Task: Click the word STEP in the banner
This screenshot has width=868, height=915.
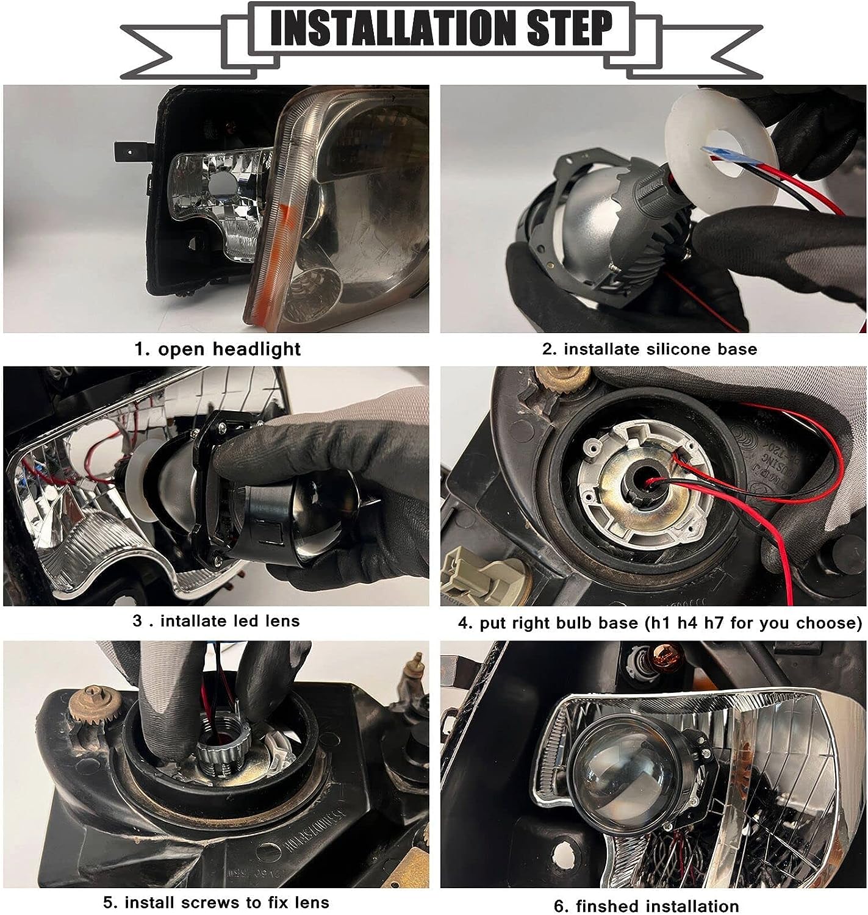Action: [x=569, y=29]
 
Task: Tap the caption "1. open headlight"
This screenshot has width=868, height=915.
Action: [x=217, y=349]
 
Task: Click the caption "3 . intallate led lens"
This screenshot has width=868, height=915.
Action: [x=217, y=621]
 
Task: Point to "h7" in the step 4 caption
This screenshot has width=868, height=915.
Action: [x=714, y=623]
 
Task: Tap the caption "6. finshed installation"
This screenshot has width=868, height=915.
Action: [x=646, y=906]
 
